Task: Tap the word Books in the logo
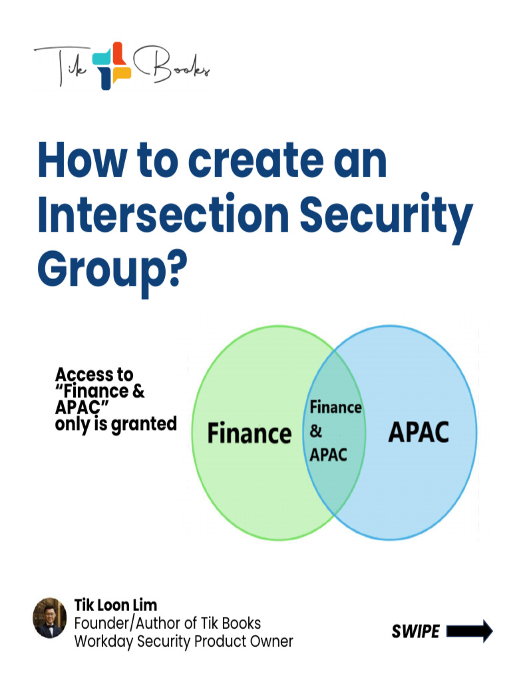173,65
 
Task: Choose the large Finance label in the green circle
250,434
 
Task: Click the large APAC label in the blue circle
418,432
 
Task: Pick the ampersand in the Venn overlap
316,432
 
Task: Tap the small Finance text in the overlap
335,407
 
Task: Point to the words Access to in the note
94,374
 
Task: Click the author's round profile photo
50,617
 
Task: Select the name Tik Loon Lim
115,605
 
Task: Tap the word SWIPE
415,631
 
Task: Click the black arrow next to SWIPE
470,631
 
